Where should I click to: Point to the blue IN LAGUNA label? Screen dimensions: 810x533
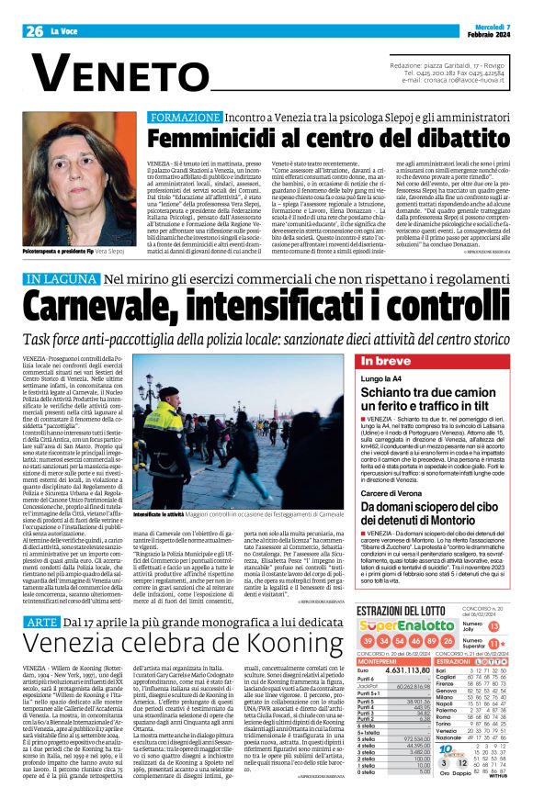tap(62, 277)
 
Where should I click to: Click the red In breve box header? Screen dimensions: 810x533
tap(386, 361)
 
